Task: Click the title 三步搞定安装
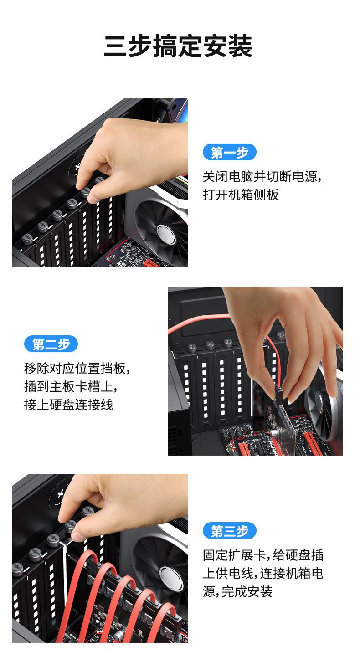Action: coord(178,46)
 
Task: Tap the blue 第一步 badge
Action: coord(229,152)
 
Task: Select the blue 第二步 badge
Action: coord(51,344)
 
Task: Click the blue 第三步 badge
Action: coord(229,531)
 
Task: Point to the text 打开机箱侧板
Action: coord(240,195)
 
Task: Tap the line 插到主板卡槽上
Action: coord(71,386)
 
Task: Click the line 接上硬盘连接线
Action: coord(68,405)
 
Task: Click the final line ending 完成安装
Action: coord(237,591)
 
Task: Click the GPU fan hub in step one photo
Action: coord(166,233)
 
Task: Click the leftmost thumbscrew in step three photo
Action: coord(18,568)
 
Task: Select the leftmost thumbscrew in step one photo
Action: coord(27,238)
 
